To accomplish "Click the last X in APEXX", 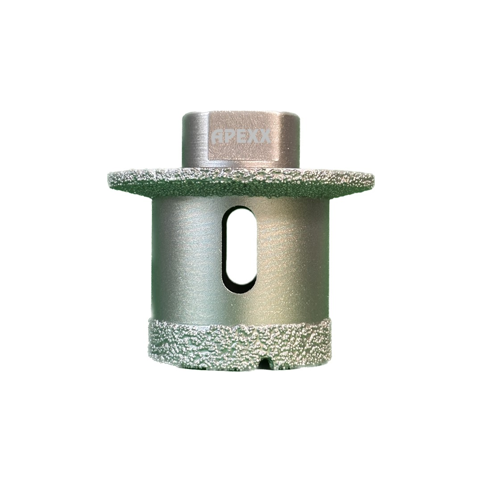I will coord(265,137).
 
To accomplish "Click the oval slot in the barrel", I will coord(240,250).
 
